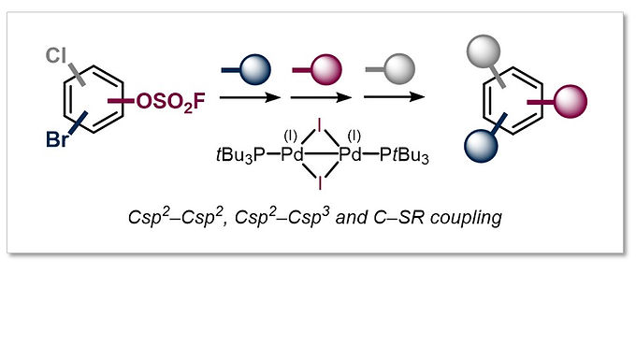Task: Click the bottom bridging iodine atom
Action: (322, 184)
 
